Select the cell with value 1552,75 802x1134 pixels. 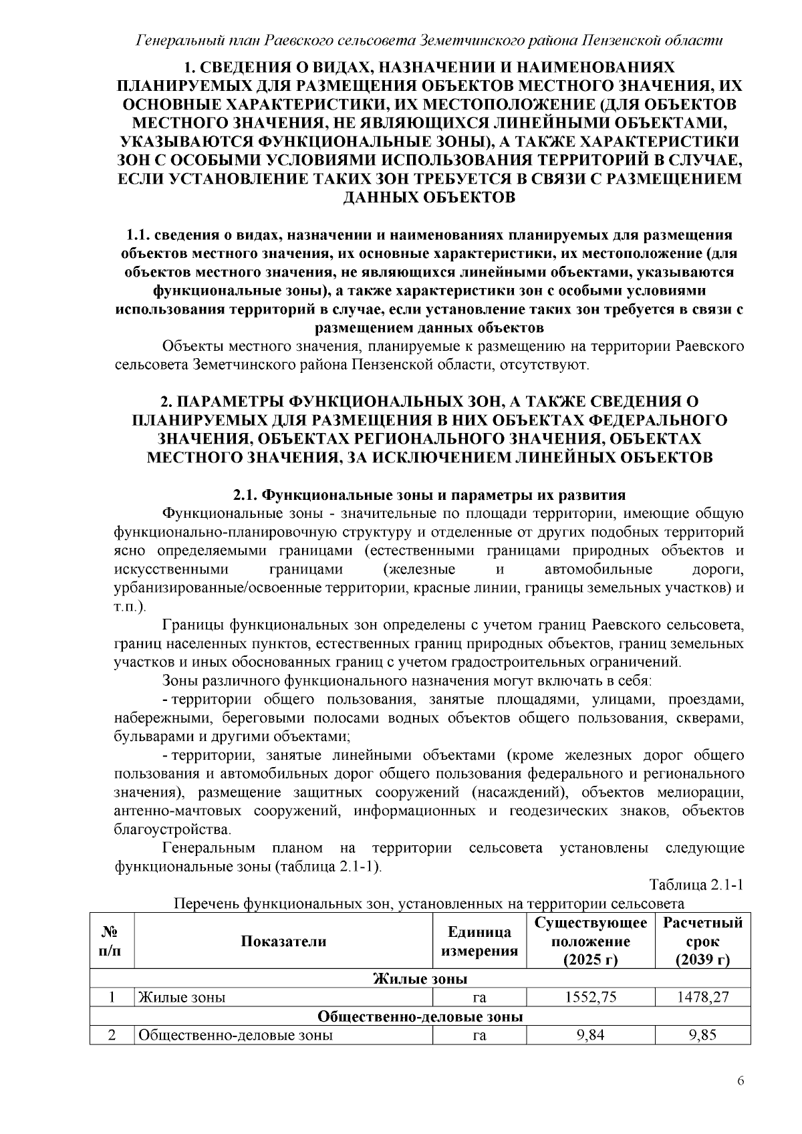[x=590, y=998]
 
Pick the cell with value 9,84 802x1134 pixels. [x=590, y=1036]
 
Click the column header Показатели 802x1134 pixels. [x=283, y=942]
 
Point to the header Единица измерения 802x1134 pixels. [x=479, y=942]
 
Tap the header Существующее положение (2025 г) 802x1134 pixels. [x=590, y=942]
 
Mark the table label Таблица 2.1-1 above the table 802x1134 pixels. [x=696, y=885]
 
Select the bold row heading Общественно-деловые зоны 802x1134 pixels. [x=420, y=1016]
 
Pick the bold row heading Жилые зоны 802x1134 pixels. [x=420, y=979]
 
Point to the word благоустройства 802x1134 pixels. [x=172, y=830]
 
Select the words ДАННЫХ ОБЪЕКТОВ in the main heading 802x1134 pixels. [x=428, y=198]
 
